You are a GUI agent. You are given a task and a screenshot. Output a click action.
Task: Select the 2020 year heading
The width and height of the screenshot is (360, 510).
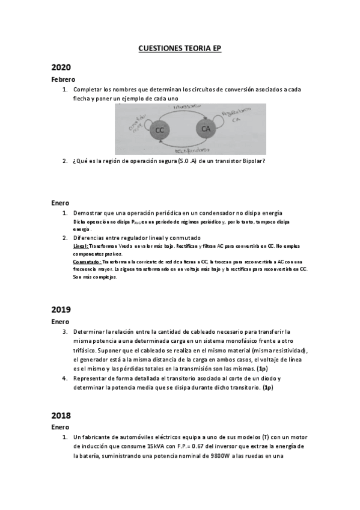61,67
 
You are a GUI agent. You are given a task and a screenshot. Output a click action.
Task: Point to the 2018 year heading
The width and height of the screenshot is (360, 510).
61,415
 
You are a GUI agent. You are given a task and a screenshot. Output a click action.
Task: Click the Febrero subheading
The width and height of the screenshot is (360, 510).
63,79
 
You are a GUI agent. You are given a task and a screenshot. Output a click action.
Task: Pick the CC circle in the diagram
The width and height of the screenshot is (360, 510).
159,131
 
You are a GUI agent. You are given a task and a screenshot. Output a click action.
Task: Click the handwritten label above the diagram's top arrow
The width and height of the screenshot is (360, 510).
182,107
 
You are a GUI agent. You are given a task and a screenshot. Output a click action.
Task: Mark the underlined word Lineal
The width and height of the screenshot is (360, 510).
80,247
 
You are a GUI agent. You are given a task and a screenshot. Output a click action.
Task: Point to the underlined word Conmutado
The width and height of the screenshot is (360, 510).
87,262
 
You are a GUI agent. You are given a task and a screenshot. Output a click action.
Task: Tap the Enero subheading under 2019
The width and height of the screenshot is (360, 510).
60,322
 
